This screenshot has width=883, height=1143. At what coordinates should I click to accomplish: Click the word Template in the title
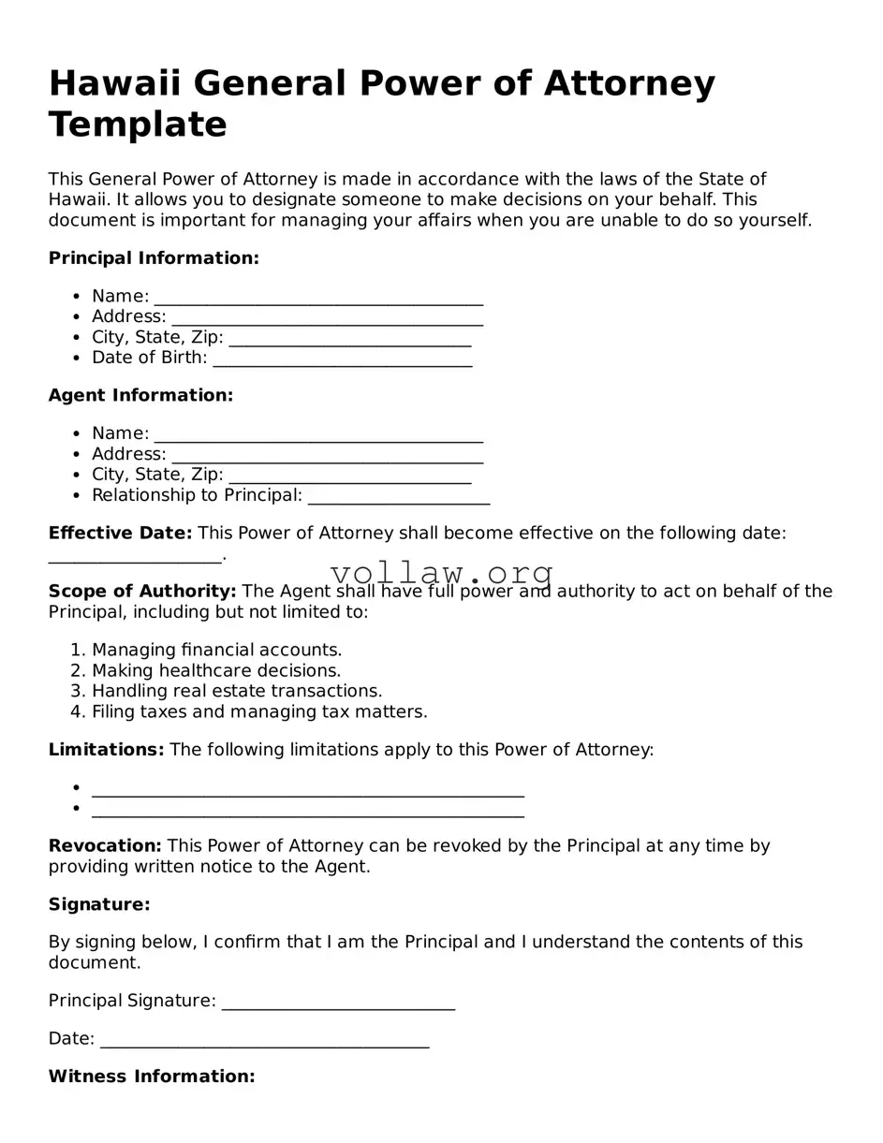pos(138,125)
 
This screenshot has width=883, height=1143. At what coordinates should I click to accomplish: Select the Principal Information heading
pos(154,258)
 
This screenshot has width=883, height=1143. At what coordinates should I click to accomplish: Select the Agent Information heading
pos(140,396)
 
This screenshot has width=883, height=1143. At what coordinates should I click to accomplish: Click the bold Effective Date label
pos(120,534)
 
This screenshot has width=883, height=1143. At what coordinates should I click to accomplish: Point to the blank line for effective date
pos(136,558)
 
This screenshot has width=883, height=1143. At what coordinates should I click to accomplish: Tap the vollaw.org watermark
pos(442,572)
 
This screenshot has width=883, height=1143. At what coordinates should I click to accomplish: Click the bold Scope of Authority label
pos(142,592)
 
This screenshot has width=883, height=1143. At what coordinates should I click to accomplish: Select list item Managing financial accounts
pos(216,650)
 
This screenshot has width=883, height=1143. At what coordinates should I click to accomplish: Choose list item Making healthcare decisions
pos(215,670)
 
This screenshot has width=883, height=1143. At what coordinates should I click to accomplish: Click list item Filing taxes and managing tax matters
pos(259,711)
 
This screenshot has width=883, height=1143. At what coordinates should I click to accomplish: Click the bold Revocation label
pos(105,846)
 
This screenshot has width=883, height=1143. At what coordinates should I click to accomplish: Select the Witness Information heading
pos(152,1077)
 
